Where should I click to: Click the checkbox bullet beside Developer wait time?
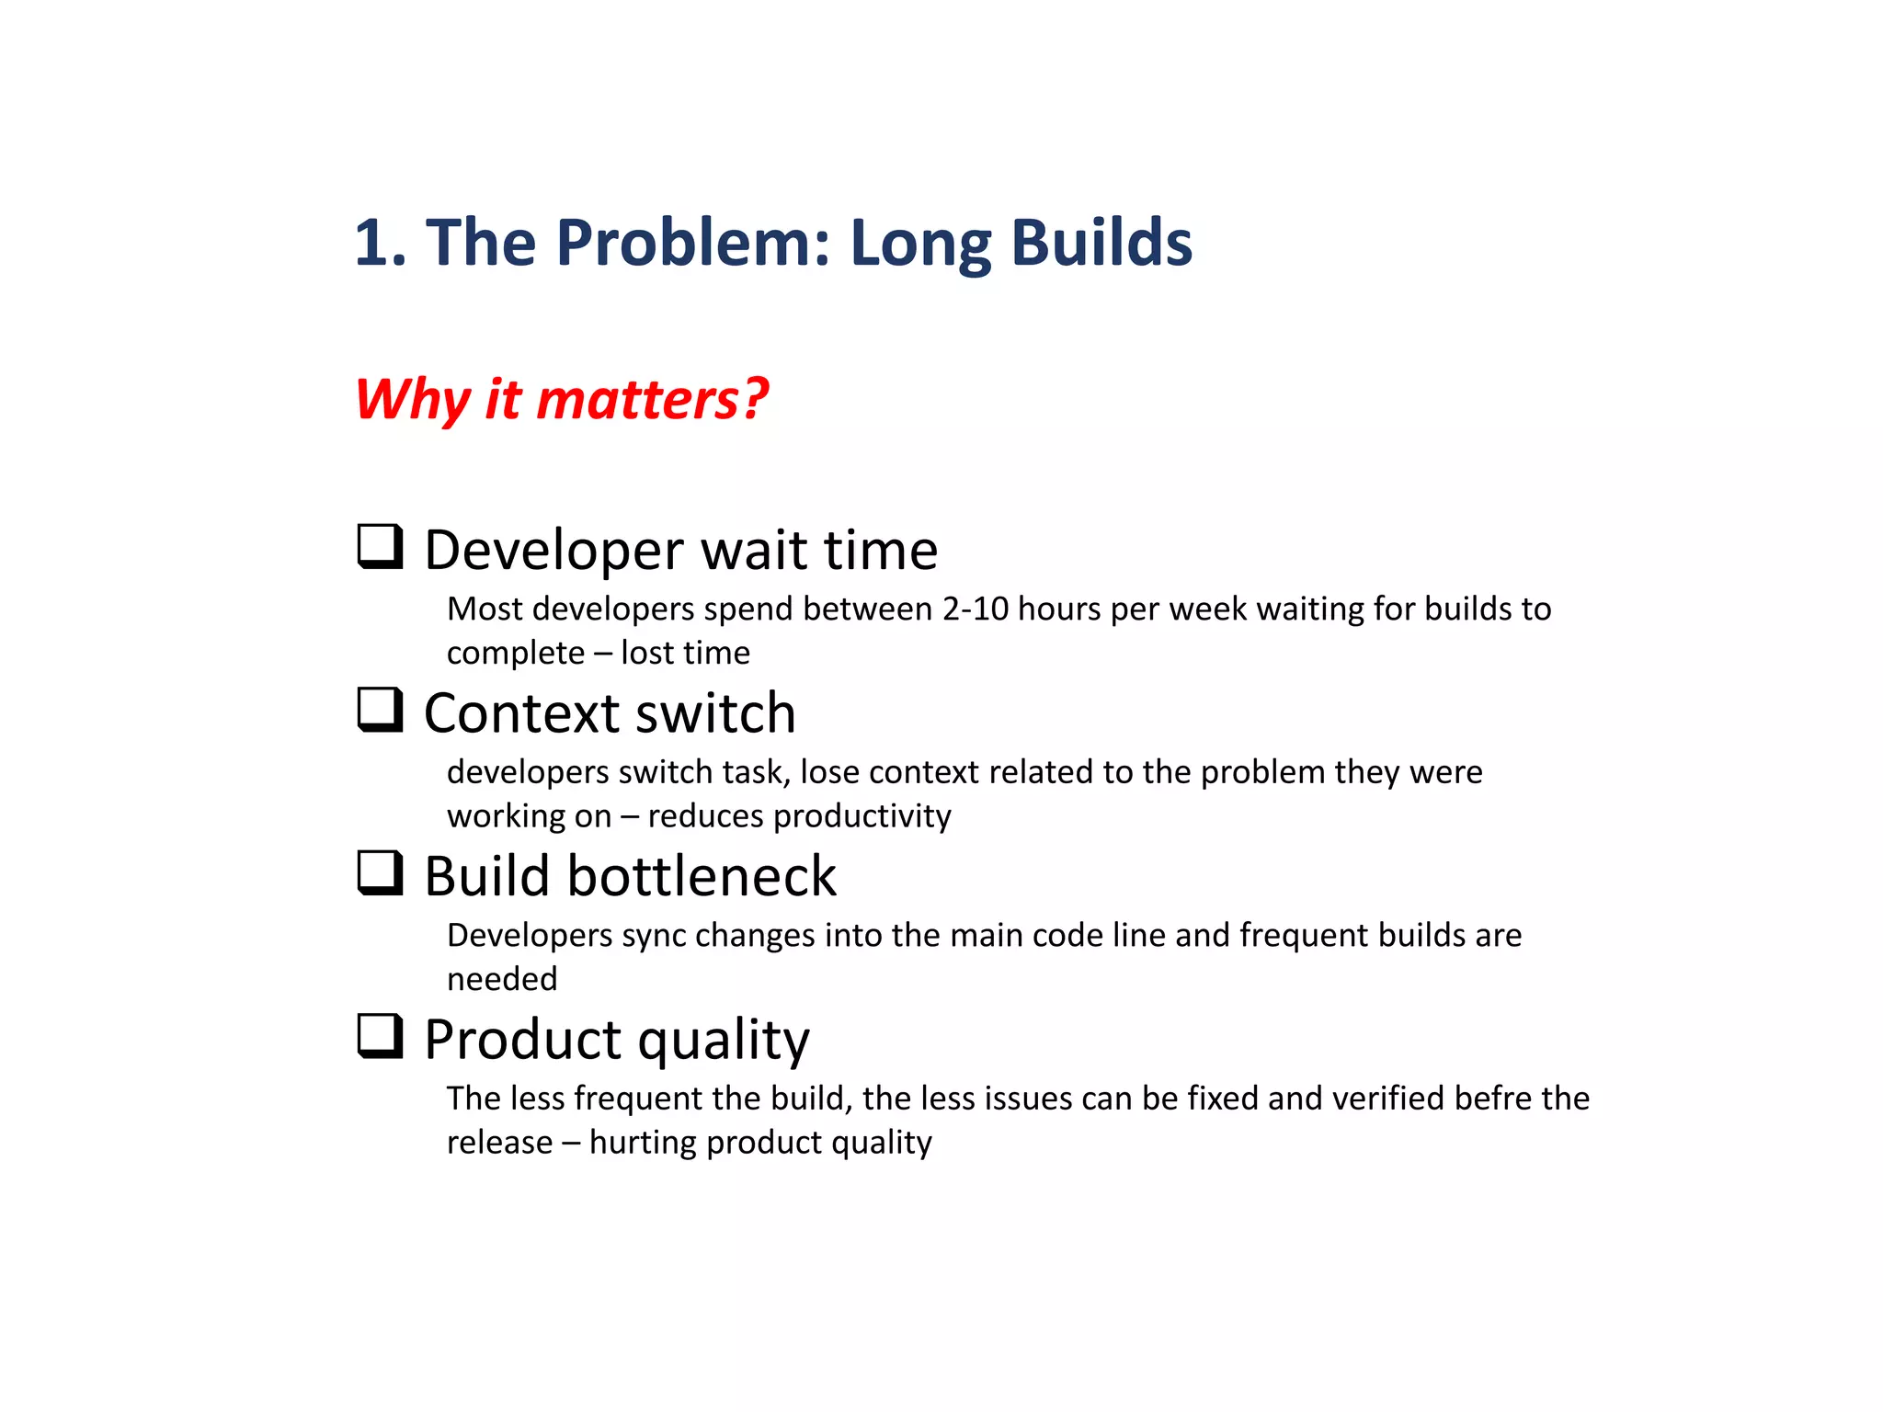380,547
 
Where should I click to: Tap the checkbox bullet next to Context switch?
380,710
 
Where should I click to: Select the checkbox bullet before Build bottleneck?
380,873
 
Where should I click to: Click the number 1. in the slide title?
381,243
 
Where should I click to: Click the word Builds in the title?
1101,243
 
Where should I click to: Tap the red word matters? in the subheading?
652,400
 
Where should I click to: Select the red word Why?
413,400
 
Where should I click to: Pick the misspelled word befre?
1489,1099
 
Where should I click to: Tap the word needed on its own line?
502,979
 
